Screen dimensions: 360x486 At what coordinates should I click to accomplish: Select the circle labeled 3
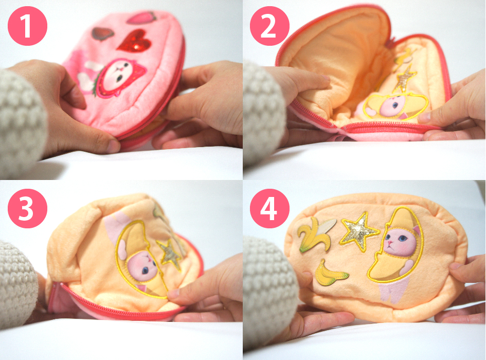[27, 208]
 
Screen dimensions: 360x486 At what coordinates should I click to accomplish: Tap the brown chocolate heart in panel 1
[103, 34]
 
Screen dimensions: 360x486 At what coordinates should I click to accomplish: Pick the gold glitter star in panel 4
[358, 231]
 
